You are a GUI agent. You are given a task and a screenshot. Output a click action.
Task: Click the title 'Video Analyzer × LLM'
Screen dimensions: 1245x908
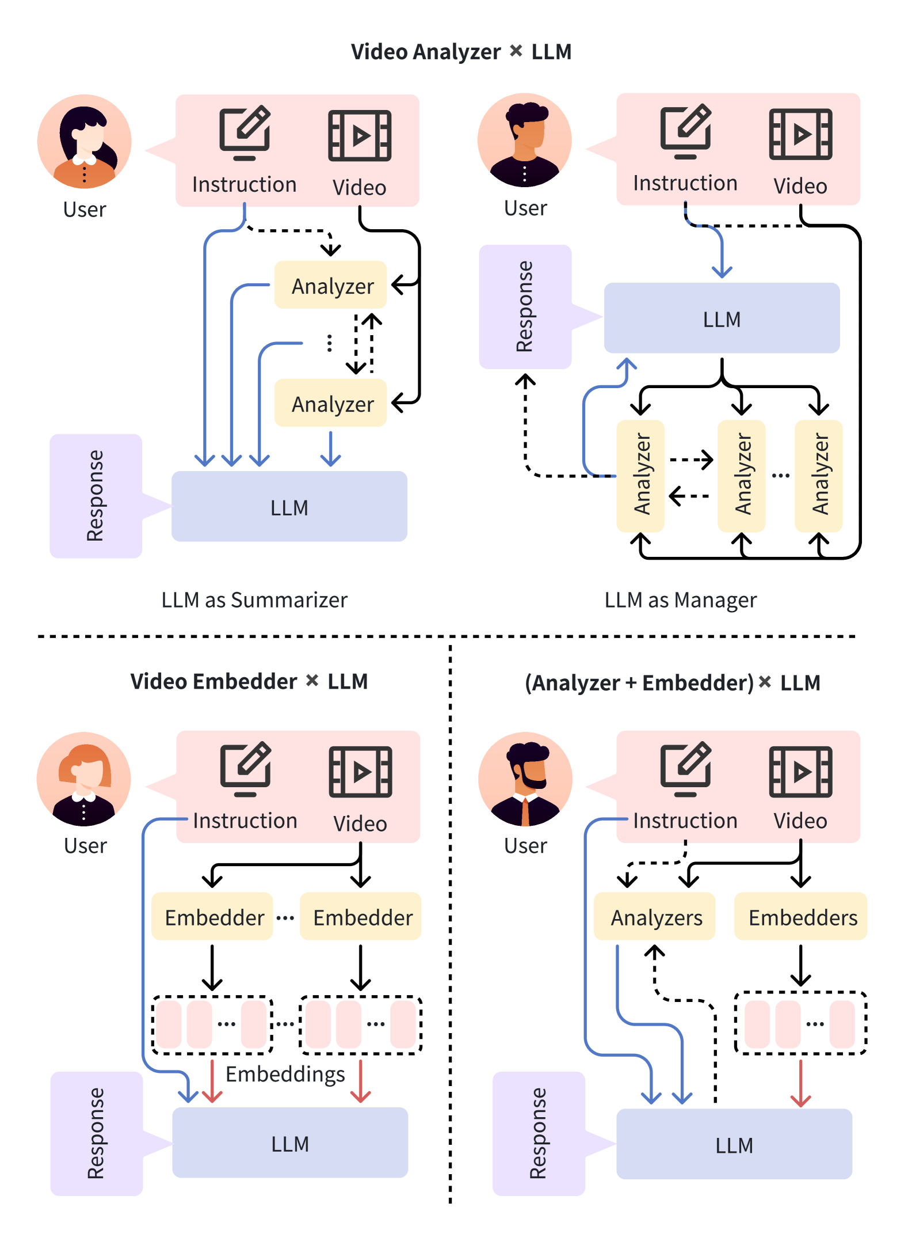461,52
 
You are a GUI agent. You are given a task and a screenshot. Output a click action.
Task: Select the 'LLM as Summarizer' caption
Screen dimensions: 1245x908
254,600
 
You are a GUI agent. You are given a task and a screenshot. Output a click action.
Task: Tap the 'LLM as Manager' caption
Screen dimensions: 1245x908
680,600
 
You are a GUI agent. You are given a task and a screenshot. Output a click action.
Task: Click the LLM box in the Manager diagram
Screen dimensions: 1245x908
722,318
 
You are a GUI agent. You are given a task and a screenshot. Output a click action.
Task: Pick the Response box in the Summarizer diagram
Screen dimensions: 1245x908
96,496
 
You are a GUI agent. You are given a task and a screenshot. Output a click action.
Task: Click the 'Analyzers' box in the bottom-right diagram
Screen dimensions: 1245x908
655,917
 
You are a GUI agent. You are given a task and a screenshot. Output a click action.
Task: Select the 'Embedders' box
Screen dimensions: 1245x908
802,917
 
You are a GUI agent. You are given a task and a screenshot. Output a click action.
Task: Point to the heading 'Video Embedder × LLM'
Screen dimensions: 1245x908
249,682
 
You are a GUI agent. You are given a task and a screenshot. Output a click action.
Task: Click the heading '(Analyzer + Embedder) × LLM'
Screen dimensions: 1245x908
672,683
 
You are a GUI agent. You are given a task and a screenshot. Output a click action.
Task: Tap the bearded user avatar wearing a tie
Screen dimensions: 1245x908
525,779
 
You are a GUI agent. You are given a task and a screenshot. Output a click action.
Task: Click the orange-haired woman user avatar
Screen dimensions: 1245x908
84,779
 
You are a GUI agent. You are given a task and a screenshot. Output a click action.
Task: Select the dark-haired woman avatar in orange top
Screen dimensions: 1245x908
85,142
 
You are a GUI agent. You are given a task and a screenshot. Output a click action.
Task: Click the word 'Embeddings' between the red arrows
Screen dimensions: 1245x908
285,1075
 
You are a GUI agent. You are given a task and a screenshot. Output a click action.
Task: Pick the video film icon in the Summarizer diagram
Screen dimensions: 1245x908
360,136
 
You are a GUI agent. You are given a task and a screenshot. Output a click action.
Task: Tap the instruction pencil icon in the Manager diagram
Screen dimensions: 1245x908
685,132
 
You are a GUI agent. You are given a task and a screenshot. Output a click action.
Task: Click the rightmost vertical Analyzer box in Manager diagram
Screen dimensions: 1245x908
819,476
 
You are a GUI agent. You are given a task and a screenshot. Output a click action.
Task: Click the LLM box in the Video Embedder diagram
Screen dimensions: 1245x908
290,1142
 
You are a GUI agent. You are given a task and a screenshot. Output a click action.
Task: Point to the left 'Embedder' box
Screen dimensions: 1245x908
212,917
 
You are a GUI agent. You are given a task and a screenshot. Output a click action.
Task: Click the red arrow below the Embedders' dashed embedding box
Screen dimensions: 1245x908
800,1083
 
